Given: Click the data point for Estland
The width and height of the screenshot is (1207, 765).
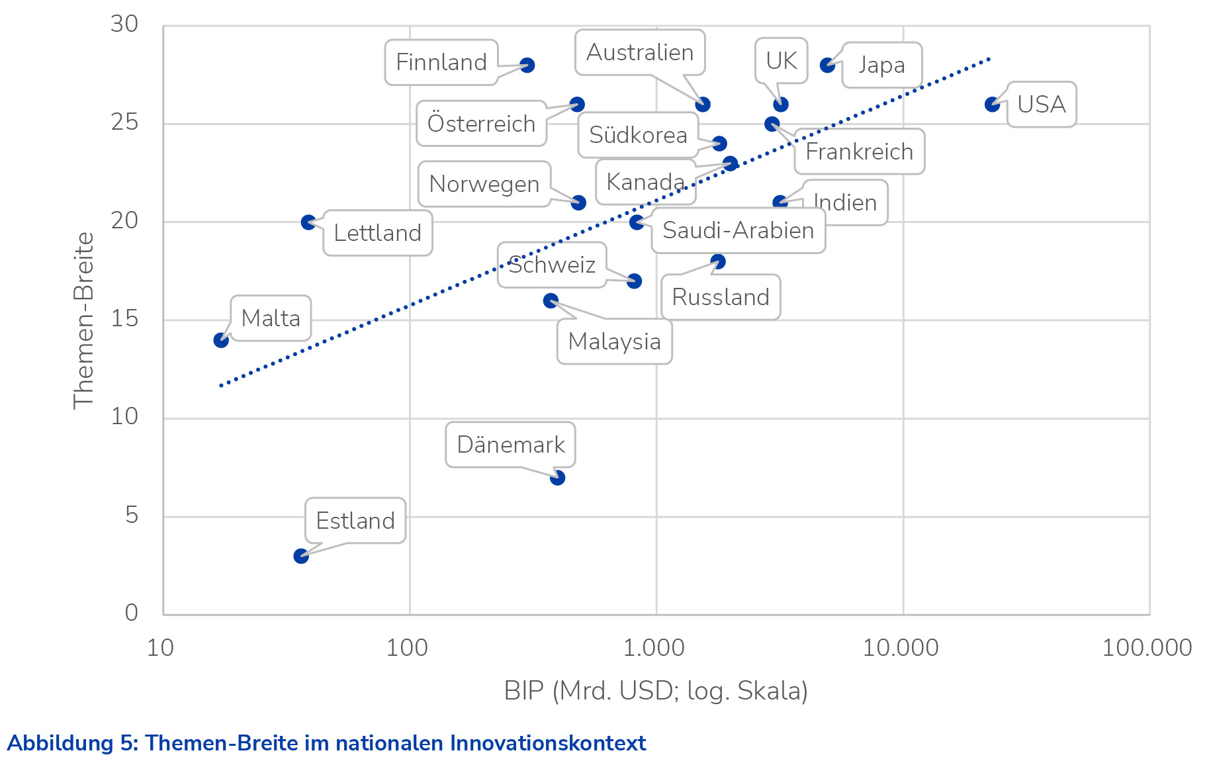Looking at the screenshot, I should [301, 556].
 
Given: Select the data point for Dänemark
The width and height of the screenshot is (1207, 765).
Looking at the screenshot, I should [557, 478].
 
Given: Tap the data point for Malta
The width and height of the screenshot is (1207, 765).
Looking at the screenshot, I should [221, 340].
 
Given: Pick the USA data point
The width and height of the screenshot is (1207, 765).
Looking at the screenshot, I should [992, 105].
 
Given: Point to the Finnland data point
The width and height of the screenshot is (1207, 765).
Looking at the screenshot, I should [527, 66].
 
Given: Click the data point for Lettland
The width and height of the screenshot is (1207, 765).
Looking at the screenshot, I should [308, 222].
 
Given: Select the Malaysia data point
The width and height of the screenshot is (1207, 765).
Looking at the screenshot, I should [551, 301].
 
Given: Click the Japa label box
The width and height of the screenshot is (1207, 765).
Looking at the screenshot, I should [881, 65].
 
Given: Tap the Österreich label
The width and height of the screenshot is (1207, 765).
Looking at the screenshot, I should [481, 124].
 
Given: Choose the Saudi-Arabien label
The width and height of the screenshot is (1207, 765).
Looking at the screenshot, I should [738, 230].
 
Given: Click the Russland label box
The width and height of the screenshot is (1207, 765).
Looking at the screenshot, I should [721, 297].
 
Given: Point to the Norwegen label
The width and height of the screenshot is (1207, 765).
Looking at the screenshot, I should [484, 184].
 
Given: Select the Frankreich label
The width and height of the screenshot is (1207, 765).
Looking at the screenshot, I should [859, 152].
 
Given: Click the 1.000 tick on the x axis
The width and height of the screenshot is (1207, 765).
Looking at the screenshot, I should [654, 647].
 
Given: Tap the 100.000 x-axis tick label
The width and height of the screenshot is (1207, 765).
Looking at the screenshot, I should [1146, 647].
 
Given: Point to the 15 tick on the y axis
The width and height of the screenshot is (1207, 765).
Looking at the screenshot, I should [124, 319].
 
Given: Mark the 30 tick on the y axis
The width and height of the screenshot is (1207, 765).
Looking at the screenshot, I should [124, 24].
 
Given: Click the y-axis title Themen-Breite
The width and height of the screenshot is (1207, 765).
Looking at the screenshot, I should [83, 320].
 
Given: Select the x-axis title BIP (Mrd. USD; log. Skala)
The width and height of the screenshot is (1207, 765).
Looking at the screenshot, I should [655, 691].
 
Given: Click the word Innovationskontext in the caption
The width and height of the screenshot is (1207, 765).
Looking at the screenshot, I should [548, 743].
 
